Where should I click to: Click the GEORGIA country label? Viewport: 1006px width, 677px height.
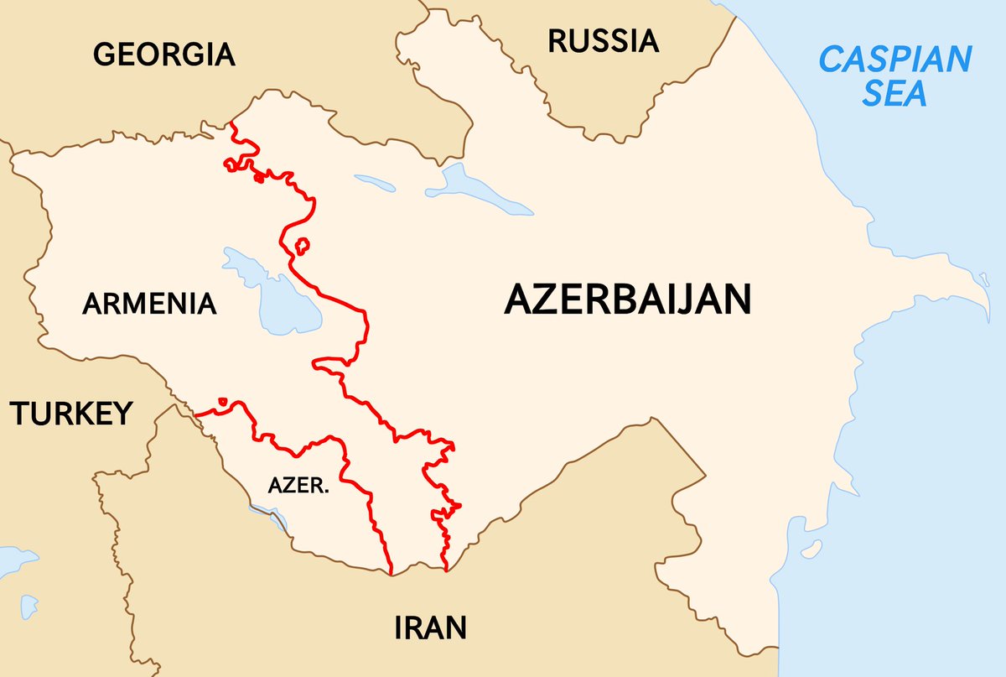pos(163,55)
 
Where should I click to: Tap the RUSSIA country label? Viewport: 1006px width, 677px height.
pos(603,40)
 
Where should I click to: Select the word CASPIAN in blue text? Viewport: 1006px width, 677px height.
pos(895,60)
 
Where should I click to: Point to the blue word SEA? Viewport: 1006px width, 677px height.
pos(895,93)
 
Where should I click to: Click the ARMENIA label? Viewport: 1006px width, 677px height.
pos(149,303)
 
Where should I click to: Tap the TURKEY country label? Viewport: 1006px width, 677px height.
pos(71,414)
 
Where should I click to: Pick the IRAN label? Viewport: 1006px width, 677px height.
pos(430,627)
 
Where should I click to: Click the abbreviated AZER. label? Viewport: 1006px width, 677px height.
pos(298,486)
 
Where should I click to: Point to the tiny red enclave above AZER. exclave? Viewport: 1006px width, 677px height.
pos(222,402)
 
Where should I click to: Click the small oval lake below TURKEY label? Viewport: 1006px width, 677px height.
pos(29,603)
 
